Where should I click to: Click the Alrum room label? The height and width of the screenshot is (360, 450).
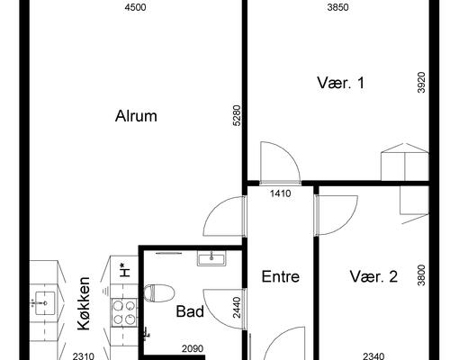[136, 116]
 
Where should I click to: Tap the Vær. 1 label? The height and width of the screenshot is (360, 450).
[340, 83]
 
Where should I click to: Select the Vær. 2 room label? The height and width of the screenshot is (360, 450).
[373, 276]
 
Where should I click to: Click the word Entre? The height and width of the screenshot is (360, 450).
[281, 276]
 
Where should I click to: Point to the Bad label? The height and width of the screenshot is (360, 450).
[190, 311]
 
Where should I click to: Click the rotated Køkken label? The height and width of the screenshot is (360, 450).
[84, 303]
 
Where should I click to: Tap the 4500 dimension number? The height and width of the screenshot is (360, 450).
[135, 7]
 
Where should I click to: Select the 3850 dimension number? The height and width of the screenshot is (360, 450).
[337, 7]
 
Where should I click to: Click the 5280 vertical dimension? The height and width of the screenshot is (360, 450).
[237, 115]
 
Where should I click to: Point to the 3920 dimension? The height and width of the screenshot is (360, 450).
[421, 83]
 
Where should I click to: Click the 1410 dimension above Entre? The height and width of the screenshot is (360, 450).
[281, 193]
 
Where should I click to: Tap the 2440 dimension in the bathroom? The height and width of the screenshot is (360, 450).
[237, 308]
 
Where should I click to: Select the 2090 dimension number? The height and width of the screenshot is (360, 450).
[193, 348]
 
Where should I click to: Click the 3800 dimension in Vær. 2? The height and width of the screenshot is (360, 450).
[421, 275]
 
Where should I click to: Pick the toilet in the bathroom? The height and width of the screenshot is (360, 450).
[159, 293]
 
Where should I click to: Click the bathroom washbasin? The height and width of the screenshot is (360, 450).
[211, 258]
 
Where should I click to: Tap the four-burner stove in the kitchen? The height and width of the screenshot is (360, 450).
[124, 312]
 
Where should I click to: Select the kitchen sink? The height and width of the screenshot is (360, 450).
[45, 303]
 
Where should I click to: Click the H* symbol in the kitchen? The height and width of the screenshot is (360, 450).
[122, 270]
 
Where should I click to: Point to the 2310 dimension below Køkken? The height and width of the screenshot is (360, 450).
[84, 356]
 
